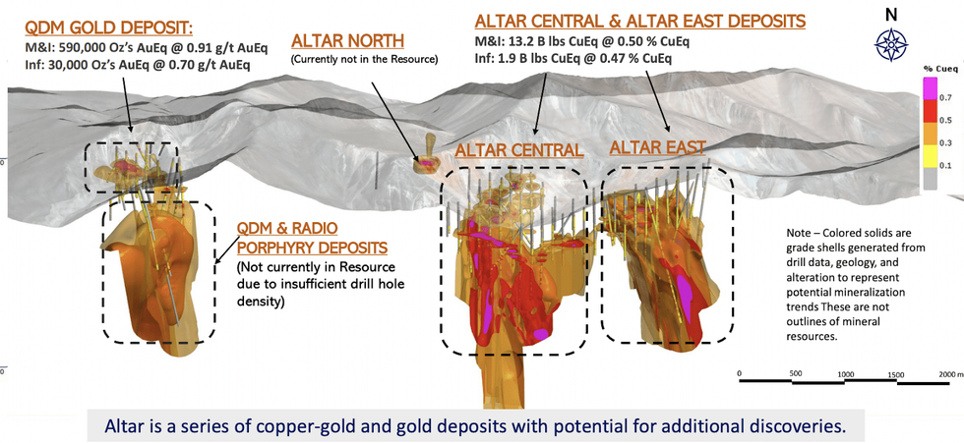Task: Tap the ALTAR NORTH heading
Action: click(x=348, y=41)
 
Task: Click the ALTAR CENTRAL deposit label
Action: click(x=518, y=150)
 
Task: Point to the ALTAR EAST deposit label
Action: click(x=657, y=147)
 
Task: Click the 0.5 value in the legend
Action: click(x=946, y=120)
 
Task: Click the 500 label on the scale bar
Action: click(x=795, y=373)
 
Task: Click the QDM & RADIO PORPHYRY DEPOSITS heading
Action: click(x=312, y=238)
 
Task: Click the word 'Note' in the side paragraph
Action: click(x=799, y=234)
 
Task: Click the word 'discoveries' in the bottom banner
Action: click(x=809, y=426)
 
